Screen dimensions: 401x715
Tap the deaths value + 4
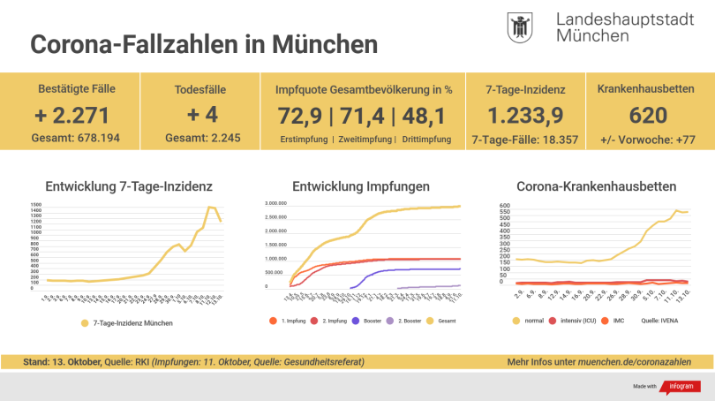[x=190, y=115]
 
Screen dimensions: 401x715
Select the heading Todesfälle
[x=190, y=89]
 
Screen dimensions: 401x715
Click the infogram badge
[x=677, y=387]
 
